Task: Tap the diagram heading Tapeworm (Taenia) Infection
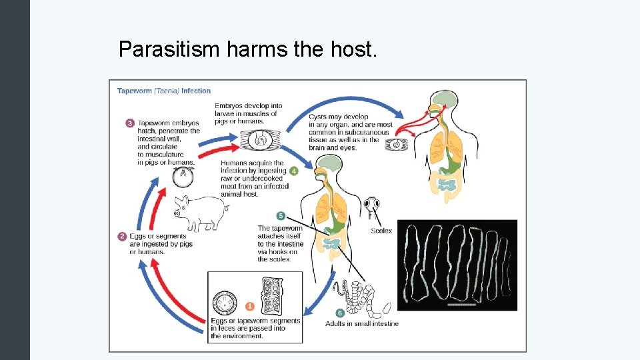164,91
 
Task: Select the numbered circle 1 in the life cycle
250,306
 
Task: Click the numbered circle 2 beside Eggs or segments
122,236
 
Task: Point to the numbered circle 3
129,123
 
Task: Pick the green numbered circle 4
293,171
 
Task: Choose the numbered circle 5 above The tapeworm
281,216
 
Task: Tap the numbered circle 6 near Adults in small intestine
340,313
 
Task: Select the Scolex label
381,231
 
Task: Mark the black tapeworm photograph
457,265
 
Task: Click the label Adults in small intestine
361,323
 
